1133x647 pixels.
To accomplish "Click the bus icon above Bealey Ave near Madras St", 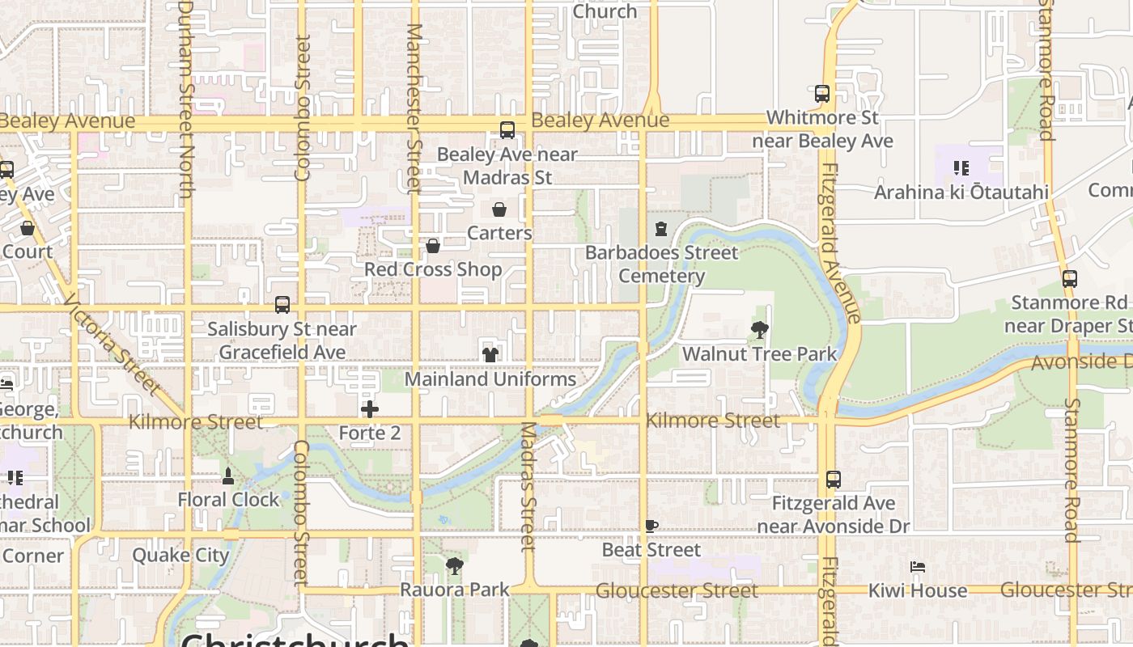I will tap(507, 129).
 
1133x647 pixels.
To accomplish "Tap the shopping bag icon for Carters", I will tap(499, 209).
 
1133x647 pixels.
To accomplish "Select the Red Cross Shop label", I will tap(433, 269).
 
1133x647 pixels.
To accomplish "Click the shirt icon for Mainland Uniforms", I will tap(490, 354).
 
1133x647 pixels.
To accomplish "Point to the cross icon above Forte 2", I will tap(369, 409).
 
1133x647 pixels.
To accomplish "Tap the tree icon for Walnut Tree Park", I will tap(759, 330).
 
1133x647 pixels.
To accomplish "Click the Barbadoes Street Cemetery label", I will tap(661, 264).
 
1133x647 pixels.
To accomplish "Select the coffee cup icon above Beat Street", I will tap(651, 526).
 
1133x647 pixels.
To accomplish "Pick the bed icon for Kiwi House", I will tap(918, 567).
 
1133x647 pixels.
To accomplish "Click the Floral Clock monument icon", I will tap(228, 476).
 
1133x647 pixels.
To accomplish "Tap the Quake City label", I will tap(181, 556).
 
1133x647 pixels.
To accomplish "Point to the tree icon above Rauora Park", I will tap(455, 566).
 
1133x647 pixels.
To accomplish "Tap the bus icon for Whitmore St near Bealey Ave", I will tap(822, 94).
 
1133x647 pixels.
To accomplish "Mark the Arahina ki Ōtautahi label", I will tap(961, 192).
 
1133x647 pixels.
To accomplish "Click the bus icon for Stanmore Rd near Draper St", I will tap(1070, 279).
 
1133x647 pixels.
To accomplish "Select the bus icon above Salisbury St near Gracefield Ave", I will tap(282, 305).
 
